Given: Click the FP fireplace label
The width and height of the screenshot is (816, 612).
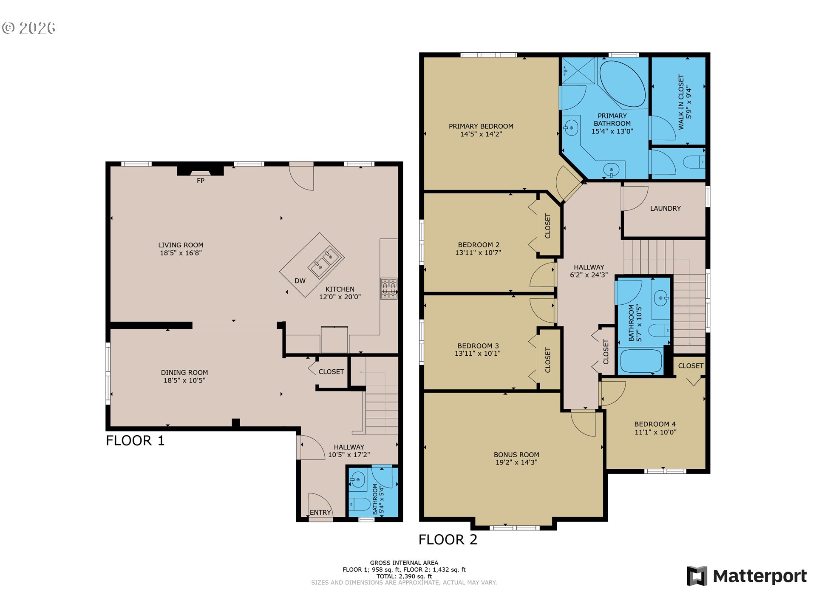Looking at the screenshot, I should pos(201,181).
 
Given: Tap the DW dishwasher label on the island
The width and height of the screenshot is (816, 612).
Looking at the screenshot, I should pos(300,281).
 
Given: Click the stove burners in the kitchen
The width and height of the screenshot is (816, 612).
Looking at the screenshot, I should pos(388,289).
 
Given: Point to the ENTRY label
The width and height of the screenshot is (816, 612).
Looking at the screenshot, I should pos(320,513).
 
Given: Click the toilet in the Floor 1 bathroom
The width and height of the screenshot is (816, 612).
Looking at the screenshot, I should pos(360,504).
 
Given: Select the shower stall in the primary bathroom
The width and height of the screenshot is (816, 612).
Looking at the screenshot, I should pos(579,71).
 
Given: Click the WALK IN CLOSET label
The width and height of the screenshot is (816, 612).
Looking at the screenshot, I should pos(685,102).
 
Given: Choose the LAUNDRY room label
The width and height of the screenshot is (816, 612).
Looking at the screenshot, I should pos(665,209).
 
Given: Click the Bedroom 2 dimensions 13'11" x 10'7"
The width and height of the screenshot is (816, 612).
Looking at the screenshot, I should pos(478,253).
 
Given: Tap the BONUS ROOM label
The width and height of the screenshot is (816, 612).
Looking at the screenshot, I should pos(516,455).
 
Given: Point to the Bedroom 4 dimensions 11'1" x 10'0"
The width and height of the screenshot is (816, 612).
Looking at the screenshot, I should pos(655,432).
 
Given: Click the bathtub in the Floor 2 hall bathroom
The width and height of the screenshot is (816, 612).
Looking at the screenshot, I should pos(641,361).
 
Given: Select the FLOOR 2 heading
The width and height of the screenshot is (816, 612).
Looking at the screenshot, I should pos(448,540).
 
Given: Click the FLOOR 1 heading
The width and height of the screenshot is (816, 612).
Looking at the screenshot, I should pos(135,441).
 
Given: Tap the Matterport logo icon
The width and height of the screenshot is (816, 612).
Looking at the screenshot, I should pos(697,576).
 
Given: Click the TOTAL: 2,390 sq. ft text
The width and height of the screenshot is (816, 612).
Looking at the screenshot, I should pos(404,576).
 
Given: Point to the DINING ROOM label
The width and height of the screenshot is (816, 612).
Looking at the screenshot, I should pos(184,373).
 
